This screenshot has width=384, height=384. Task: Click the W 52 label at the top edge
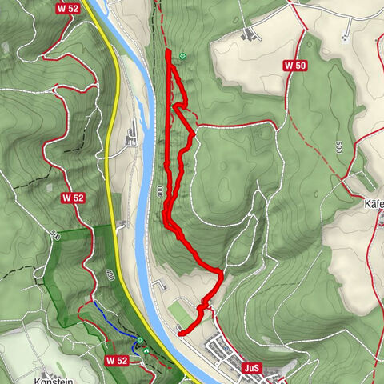tap(66, 7)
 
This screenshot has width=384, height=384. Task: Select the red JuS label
tap(252, 367)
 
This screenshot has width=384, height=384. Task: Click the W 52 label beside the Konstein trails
tap(117, 361)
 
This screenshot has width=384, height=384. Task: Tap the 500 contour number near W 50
tap(339, 148)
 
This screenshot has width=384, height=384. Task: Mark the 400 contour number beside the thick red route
tap(160, 192)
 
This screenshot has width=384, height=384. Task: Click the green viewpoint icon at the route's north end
tap(183, 56)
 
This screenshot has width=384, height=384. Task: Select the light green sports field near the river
tap(182, 310)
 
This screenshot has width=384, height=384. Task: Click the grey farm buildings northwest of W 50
tap(251, 34)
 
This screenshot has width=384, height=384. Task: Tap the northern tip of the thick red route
tap(168, 51)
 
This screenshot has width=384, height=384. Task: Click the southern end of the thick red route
tap(181, 333)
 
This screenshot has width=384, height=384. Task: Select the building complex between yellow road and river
tap(130, 137)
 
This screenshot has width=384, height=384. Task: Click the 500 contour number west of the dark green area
tap(53, 235)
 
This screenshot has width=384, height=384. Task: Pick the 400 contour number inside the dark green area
tap(110, 274)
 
